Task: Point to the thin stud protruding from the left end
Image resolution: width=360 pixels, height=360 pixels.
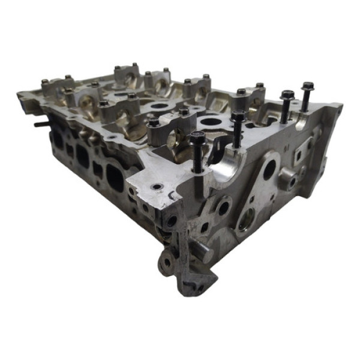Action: click(41, 125)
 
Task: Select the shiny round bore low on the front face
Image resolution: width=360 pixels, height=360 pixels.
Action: click(246, 223)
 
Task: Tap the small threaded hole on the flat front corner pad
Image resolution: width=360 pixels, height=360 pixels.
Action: click(157, 188)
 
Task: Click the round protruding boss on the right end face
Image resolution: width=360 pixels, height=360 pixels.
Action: click(287, 178)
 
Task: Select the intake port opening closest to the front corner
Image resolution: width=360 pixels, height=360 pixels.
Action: click(115, 175)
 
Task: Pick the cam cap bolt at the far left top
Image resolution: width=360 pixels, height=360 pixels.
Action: click(45, 82)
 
